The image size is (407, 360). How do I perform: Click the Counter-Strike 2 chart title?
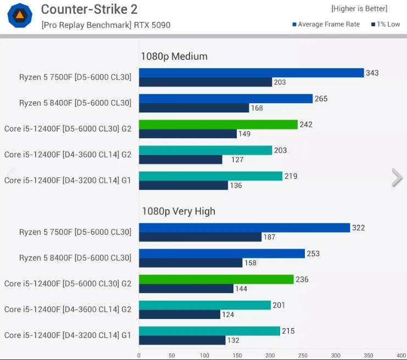[x=89, y=9]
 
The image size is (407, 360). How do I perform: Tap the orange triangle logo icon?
[x=19, y=15]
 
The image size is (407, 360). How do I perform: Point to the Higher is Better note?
[x=359, y=9]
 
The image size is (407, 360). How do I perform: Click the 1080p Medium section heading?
[x=174, y=56]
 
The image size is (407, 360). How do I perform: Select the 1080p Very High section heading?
[x=179, y=211]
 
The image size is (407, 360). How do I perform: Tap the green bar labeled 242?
[x=218, y=125]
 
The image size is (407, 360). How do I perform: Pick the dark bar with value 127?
[x=180, y=160]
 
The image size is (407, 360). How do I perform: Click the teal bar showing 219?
[x=210, y=176]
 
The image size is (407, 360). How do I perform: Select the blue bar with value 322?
[x=244, y=228]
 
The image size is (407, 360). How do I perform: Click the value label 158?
[x=250, y=263]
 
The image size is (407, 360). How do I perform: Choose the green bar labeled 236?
[x=216, y=279]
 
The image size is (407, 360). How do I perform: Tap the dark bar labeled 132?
[x=182, y=340]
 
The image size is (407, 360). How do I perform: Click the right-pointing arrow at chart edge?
[x=397, y=178]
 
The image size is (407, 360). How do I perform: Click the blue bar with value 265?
[x=225, y=99]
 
